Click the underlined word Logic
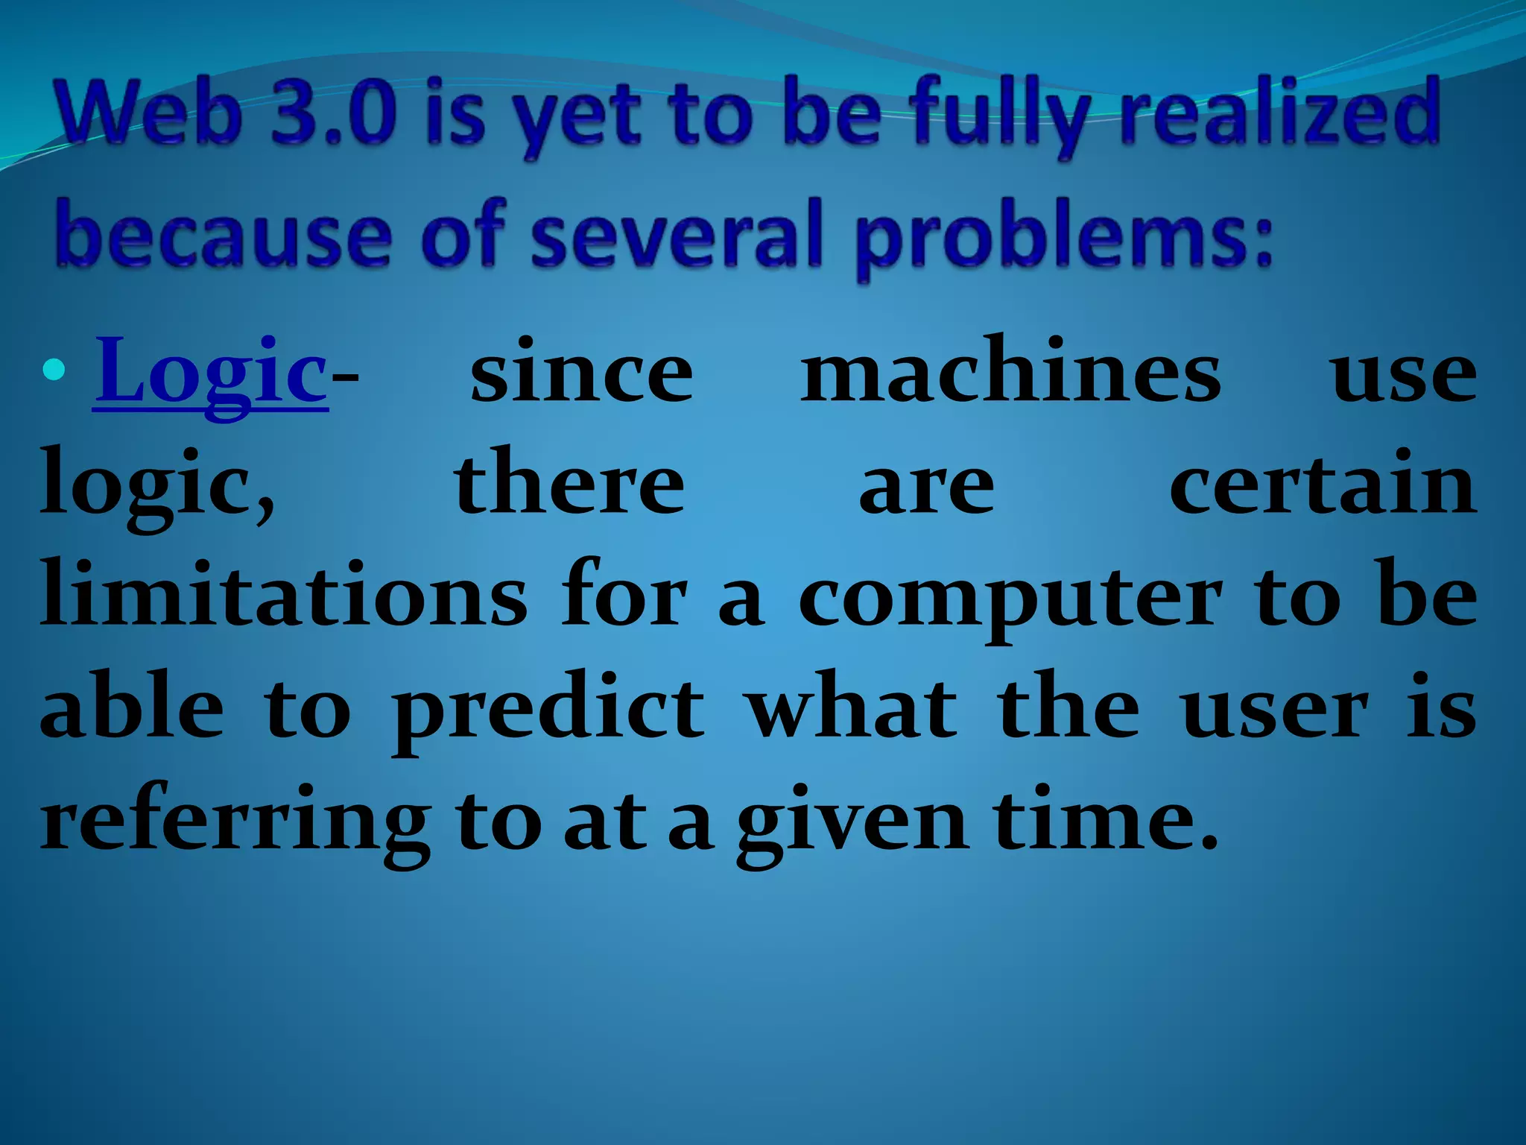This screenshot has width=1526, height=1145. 212,373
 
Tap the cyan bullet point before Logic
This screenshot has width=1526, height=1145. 54,369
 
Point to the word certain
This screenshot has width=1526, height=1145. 1323,485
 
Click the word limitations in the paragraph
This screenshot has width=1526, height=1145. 284,596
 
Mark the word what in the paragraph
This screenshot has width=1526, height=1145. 852,708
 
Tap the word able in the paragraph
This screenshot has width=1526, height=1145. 132,708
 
